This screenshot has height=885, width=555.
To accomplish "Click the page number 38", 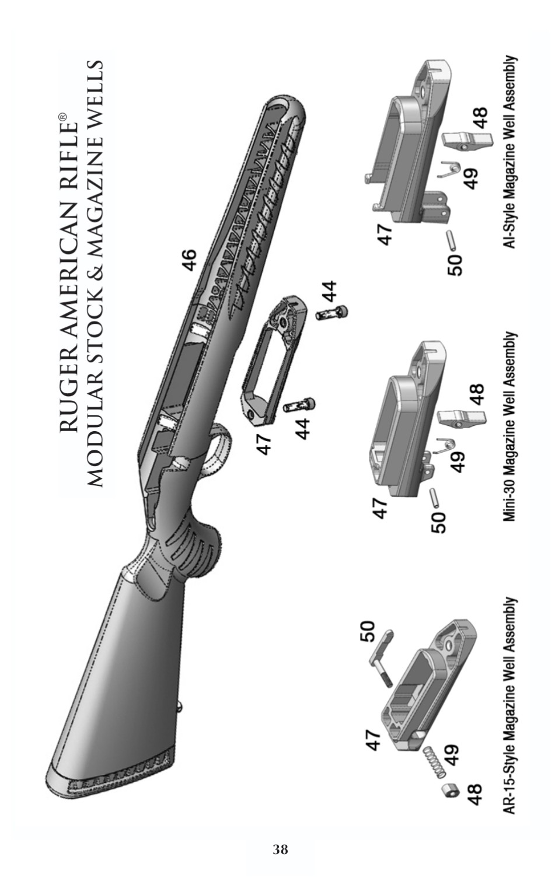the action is click(280, 849).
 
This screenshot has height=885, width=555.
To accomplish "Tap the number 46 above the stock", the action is click(189, 260).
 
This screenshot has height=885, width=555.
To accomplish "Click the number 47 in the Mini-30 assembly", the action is click(379, 508).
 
